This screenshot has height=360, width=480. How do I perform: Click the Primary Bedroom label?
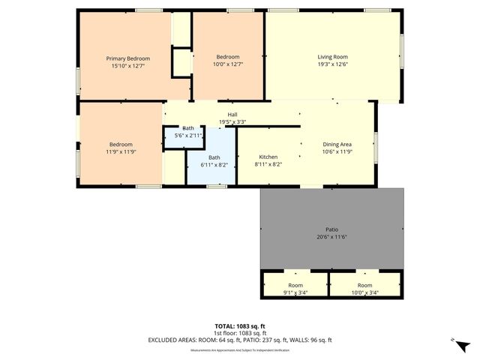coord(127,58)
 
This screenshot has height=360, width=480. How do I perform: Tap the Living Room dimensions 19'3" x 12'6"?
coord(332,65)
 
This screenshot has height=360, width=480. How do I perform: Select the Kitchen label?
coord(268,157)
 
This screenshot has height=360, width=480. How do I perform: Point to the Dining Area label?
coord(337,144)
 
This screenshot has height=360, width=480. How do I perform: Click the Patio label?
coord(331,229)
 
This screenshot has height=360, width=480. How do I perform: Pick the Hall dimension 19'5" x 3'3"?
coord(232,122)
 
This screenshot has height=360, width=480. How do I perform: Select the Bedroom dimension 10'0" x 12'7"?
coord(228,65)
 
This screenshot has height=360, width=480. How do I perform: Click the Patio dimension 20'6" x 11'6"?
coord(331,237)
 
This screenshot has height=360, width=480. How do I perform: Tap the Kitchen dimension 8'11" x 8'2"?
coord(268,164)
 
